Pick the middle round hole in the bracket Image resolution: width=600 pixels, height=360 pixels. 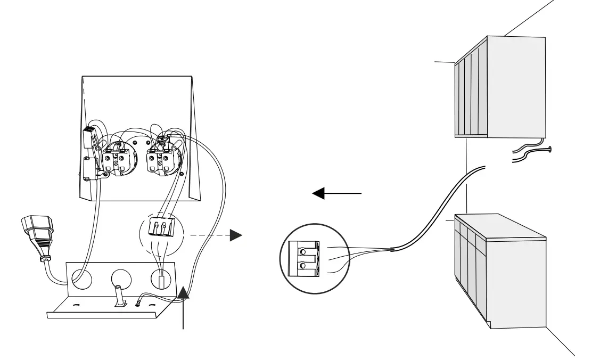click(122, 279)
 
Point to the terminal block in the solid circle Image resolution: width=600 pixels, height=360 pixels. click(302, 258)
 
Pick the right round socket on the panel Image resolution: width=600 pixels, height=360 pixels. click(161, 158)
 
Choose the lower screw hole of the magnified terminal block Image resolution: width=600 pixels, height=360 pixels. click(303, 265)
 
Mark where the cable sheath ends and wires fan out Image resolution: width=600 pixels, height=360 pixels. click(392, 249)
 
